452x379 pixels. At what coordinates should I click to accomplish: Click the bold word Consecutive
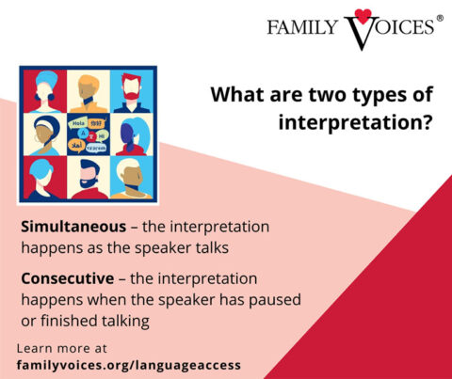coord(66,279)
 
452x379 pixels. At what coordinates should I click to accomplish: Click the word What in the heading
coord(235,95)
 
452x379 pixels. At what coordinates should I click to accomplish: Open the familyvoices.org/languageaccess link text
coord(129,364)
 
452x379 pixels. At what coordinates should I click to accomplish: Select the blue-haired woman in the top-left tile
coord(46,91)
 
